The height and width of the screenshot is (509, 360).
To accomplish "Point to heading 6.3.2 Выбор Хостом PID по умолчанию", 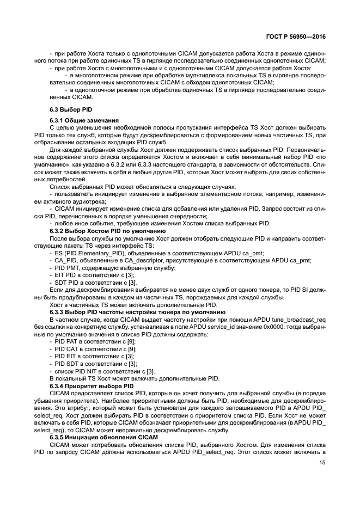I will [106, 231].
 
